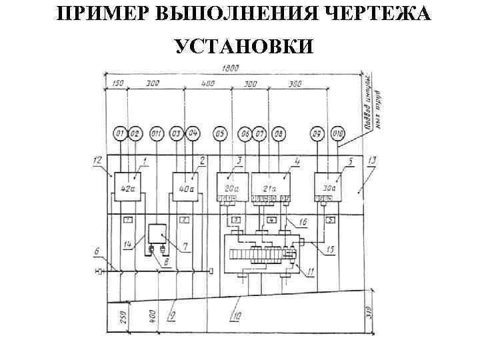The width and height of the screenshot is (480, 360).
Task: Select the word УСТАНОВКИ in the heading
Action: pyautogui.click(x=240, y=46)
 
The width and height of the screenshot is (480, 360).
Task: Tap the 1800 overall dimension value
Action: pyautogui.click(x=230, y=67)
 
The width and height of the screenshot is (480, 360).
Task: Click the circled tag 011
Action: pyautogui.click(x=157, y=135)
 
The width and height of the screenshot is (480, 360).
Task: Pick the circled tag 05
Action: pyautogui.click(x=221, y=135)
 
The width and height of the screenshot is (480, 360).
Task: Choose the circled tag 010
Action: pyautogui.click(x=338, y=135)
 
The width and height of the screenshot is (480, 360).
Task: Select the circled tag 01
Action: pyautogui.click(x=119, y=135)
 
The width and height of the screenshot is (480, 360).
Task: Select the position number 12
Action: pyautogui.click(x=97, y=161)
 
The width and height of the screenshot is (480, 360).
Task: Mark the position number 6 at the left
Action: pyautogui.click(x=97, y=252)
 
